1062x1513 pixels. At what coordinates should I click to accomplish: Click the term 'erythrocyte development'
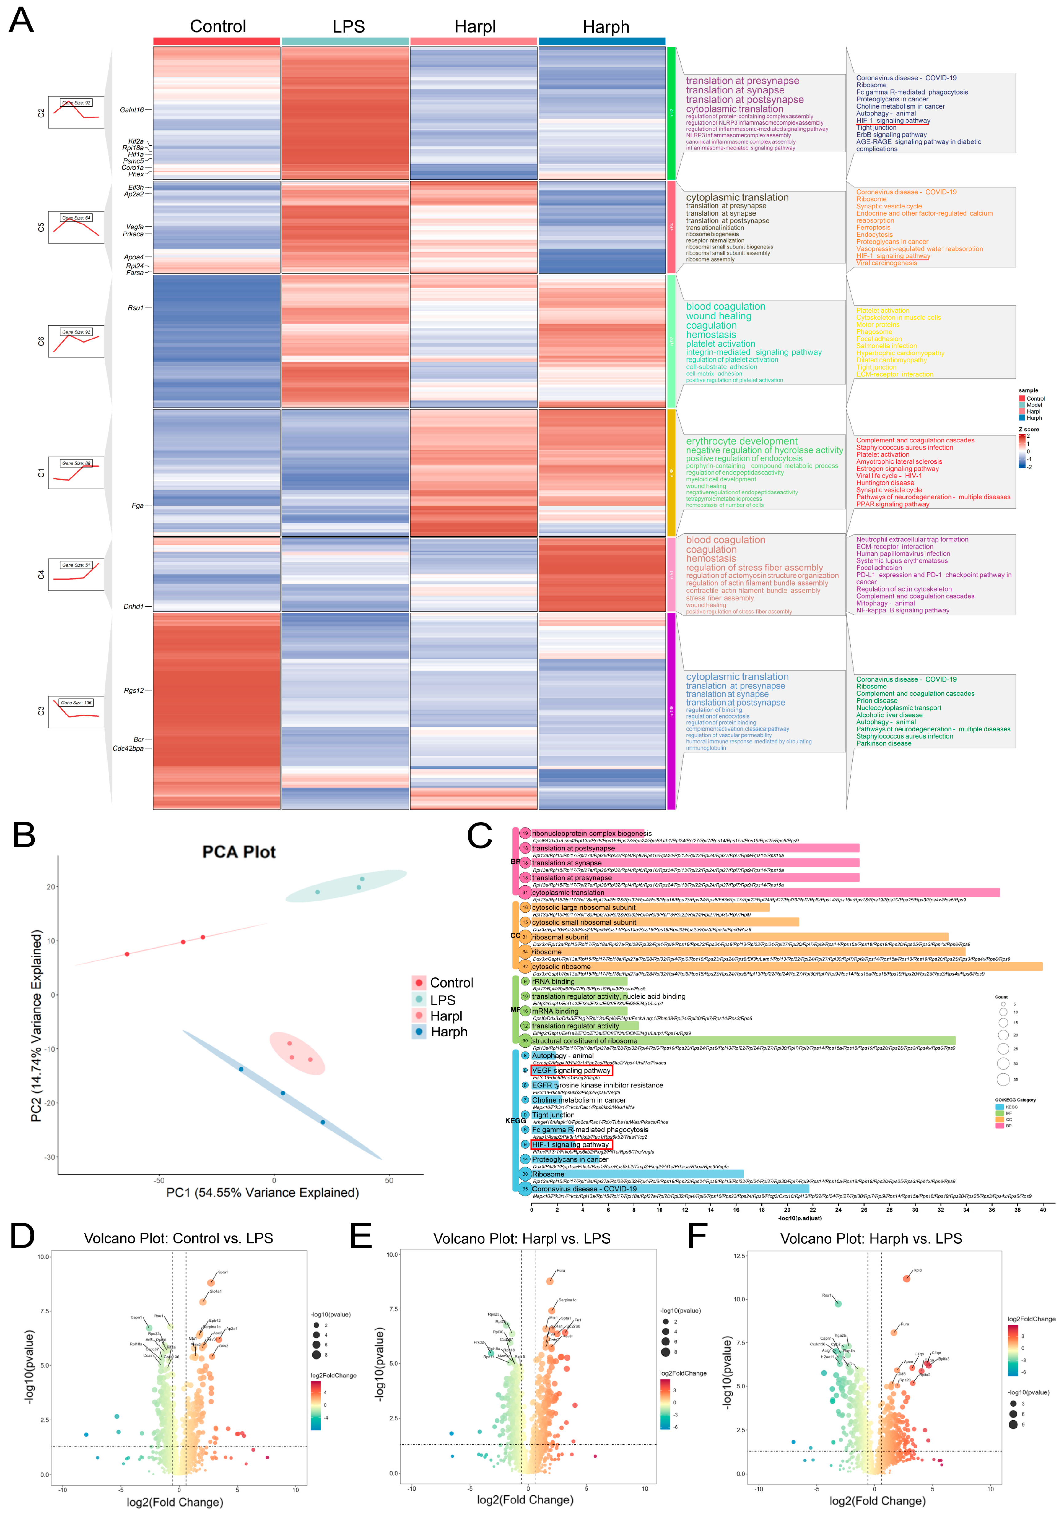point(741,441)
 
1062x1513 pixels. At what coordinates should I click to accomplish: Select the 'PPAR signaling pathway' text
point(892,504)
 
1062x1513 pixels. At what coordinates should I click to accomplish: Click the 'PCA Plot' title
point(239,852)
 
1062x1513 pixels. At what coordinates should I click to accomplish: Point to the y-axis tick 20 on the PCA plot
point(51,887)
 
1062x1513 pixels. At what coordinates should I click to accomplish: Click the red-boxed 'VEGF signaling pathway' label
point(571,1071)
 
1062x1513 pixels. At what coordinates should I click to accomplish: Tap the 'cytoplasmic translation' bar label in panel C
point(568,893)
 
